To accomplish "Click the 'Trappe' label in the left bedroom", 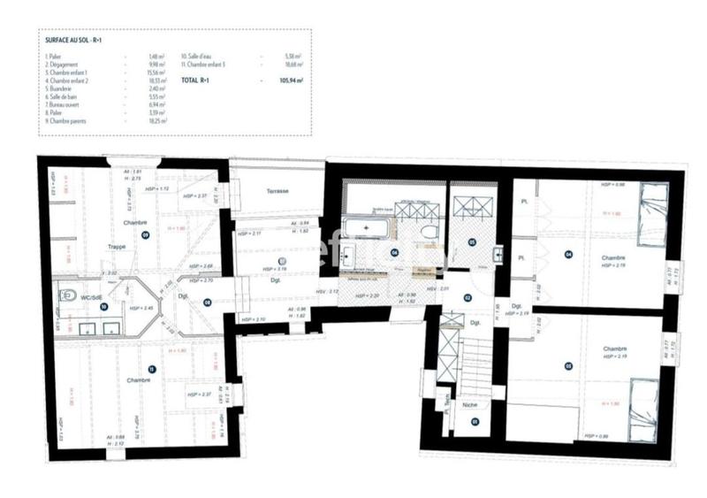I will click(x=117, y=247).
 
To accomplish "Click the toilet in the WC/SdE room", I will click(x=68, y=295).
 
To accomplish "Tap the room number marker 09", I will click(x=144, y=234).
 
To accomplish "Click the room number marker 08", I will click(x=207, y=303).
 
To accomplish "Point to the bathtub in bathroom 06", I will click(x=366, y=228).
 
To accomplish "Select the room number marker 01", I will click(x=474, y=422).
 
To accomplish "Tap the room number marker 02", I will click(x=468, y=298).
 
